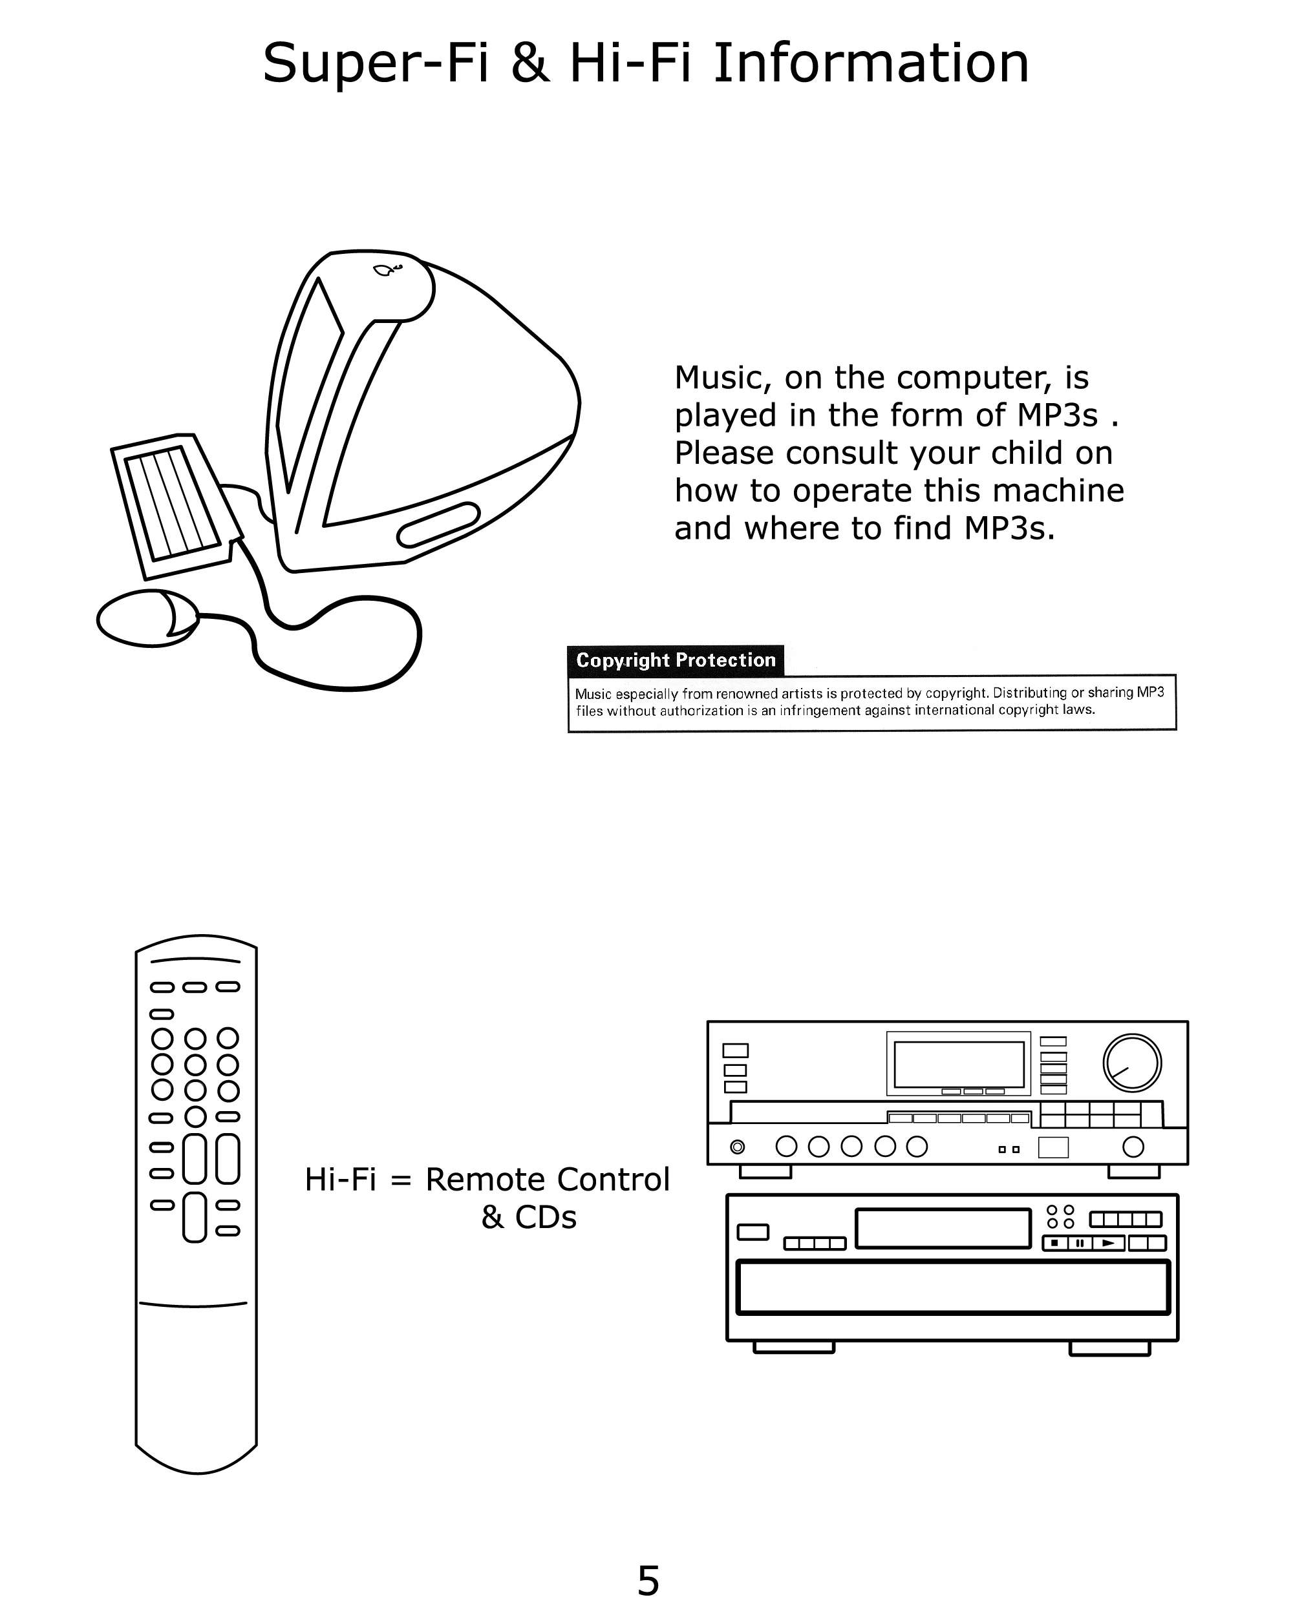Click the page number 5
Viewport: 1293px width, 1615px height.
click(648, 1581)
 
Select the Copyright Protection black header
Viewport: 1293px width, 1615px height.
click(674, 660)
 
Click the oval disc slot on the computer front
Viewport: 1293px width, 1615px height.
click(438, 525)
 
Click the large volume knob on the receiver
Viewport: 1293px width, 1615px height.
click(1132, 1062)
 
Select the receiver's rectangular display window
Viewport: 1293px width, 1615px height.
click(959, 1065)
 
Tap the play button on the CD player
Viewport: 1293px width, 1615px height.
click(1109, 1244)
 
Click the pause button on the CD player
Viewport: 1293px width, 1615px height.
click(1080, 1244)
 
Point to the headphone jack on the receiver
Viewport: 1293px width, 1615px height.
click(738, 1147)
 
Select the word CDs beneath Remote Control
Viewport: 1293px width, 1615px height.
click(546, 1218)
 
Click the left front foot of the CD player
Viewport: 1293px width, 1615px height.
click(793, 1348)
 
